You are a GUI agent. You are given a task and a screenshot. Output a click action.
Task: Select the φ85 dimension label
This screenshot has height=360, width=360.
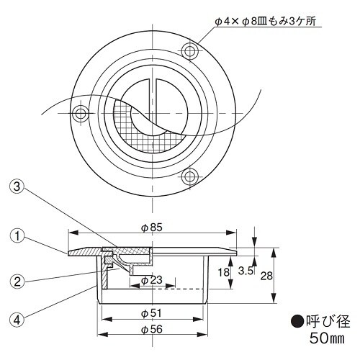[x=151, y=226]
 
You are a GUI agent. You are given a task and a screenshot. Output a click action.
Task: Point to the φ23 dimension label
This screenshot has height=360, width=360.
[x=151, y=279]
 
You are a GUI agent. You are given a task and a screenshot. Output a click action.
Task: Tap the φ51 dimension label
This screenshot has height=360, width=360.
[x=151, y=313]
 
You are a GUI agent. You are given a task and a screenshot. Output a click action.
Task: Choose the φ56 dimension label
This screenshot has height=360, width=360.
[x=151, y=329]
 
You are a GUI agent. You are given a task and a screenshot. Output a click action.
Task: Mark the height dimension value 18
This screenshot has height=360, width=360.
[x=225, y=272]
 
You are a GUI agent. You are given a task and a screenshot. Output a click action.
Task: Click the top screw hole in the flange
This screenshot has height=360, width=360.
[x=190, y=50]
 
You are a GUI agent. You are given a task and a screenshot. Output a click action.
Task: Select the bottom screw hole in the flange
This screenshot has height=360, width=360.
[x=190, y=175]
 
